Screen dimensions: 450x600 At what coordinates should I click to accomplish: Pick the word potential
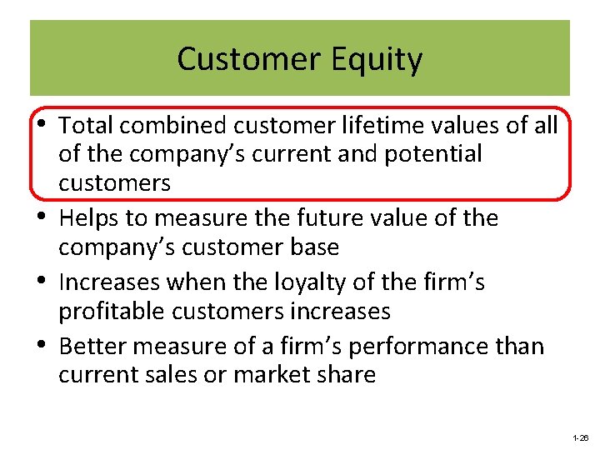point(432,154)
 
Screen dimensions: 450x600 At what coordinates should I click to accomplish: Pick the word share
point(345,374)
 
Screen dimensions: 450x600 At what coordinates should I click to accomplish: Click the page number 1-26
point(581,437)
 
